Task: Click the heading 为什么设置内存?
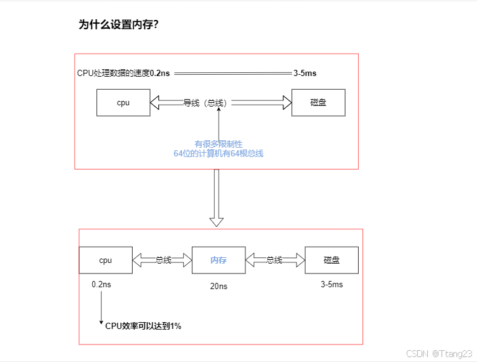point(118,25)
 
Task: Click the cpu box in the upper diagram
point(123,103)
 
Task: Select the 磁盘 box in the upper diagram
point(318,103)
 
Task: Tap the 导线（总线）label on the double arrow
point(204,103)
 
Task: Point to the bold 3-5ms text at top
point(305,74)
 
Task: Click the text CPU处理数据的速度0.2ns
point(123,74)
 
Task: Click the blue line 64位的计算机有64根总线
point(219,153)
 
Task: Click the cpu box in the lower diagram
point(105,260)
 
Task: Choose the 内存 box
point(219,260)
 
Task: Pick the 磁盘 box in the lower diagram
point(331,260)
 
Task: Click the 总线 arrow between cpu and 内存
point(162,260)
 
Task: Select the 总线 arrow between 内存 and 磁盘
point(275,260)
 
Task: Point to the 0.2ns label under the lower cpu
point(102,284)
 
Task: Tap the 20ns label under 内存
point(219,287)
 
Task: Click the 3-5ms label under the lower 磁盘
point(331,284)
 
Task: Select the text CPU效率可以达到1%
point(143,325)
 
